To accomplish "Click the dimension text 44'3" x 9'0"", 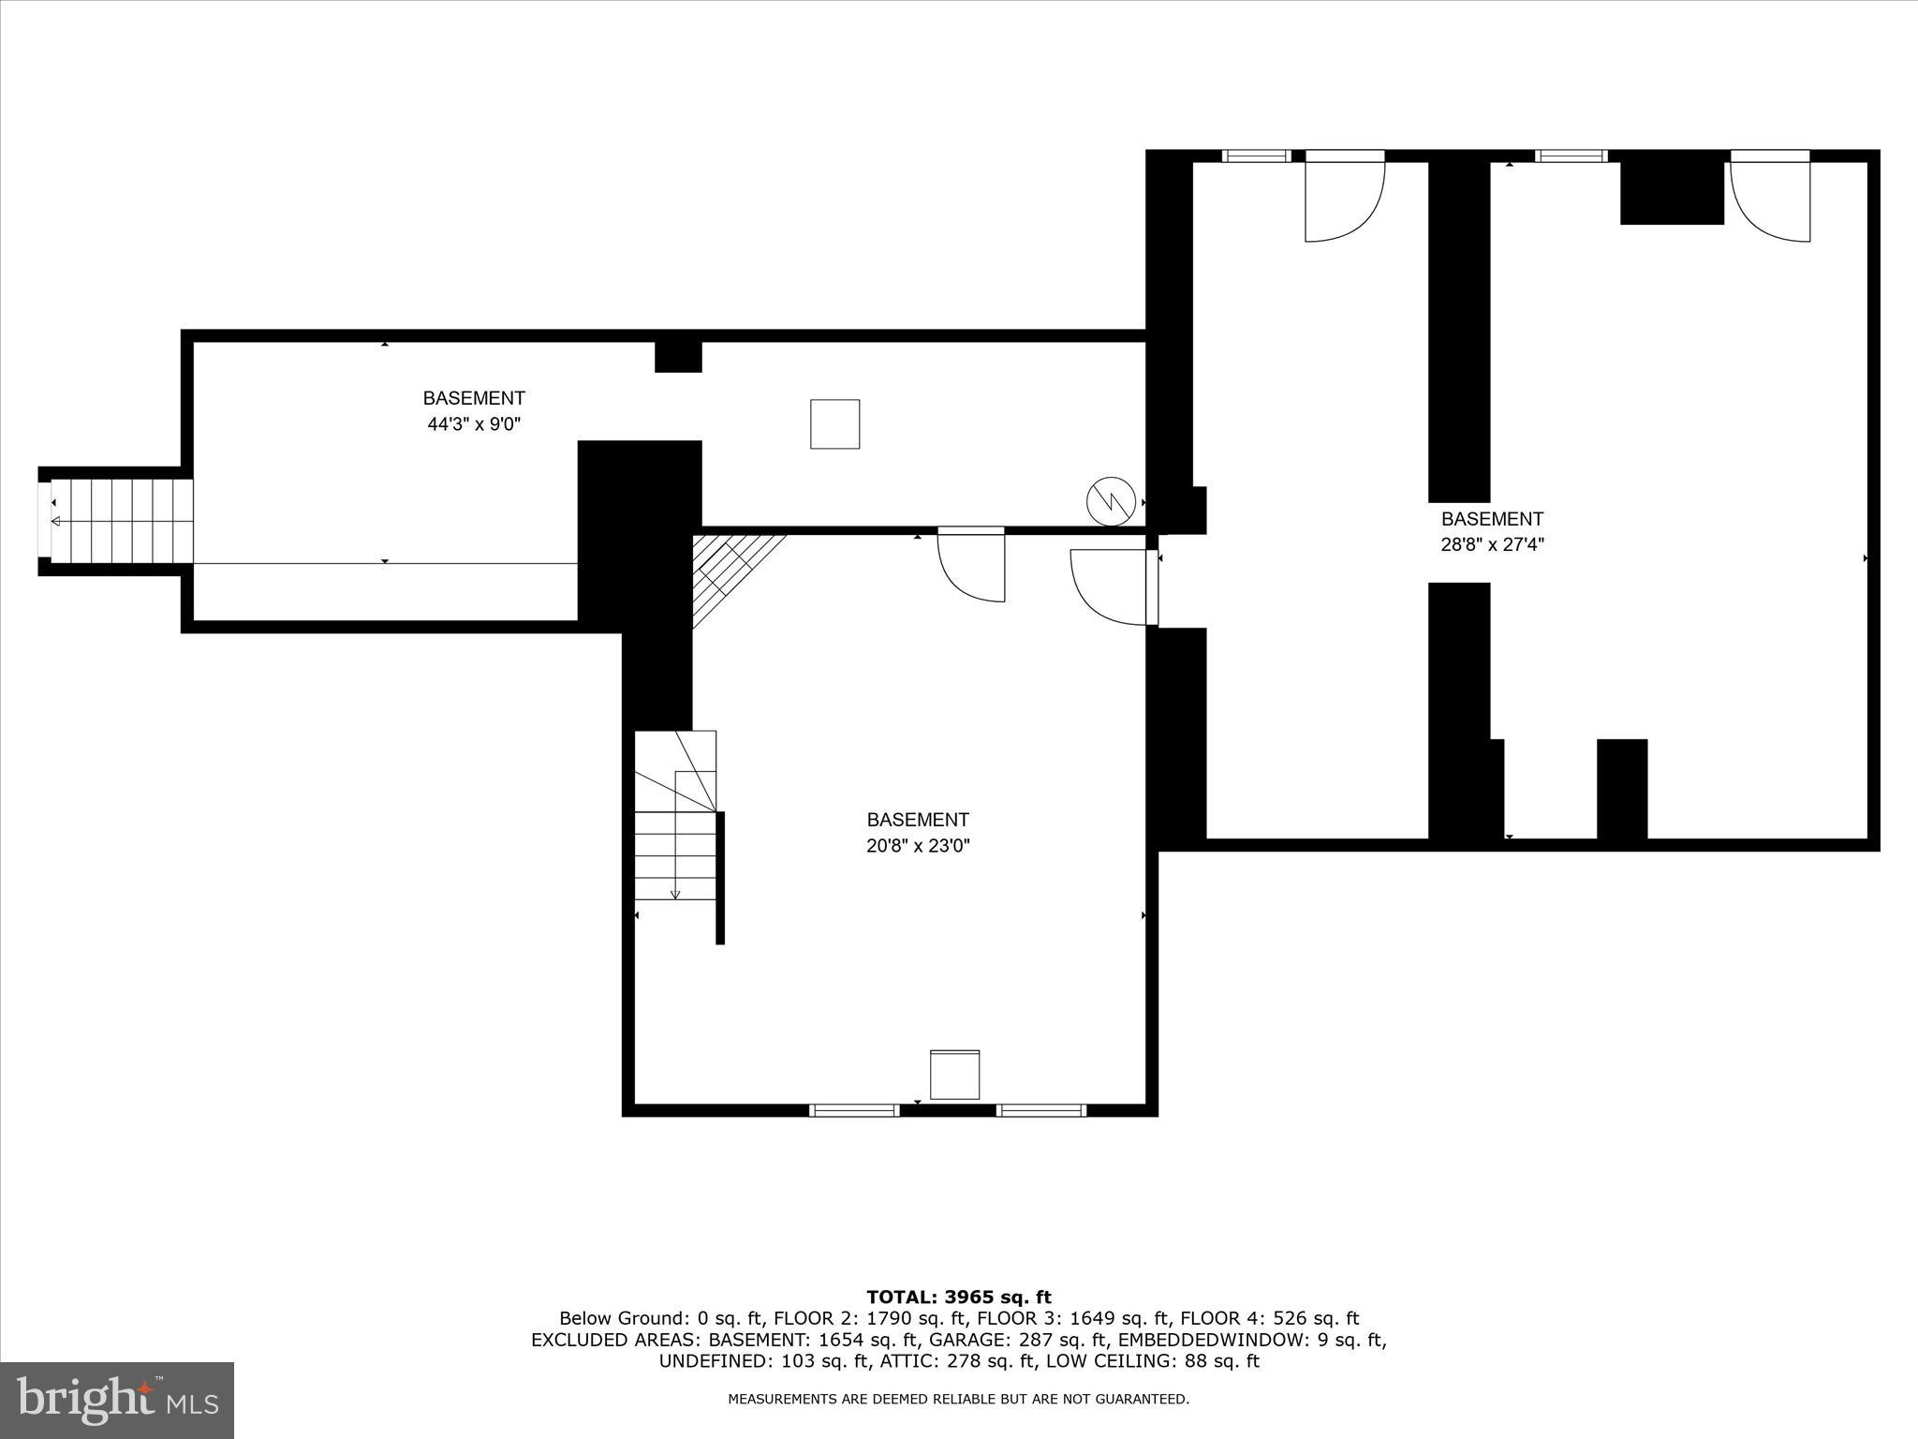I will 473,424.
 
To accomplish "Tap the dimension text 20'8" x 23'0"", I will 917,846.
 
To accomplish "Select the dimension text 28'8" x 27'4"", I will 1491,544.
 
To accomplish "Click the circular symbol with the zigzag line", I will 1111,501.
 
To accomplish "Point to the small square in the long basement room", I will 834,424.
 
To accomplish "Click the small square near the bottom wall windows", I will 954,1075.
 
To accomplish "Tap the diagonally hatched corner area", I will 726,571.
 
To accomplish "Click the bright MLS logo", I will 117,1400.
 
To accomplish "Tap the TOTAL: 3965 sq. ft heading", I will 958,1298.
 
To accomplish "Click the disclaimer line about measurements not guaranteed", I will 958,1400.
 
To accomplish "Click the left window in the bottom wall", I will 854,1110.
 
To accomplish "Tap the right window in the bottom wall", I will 1040,1110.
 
